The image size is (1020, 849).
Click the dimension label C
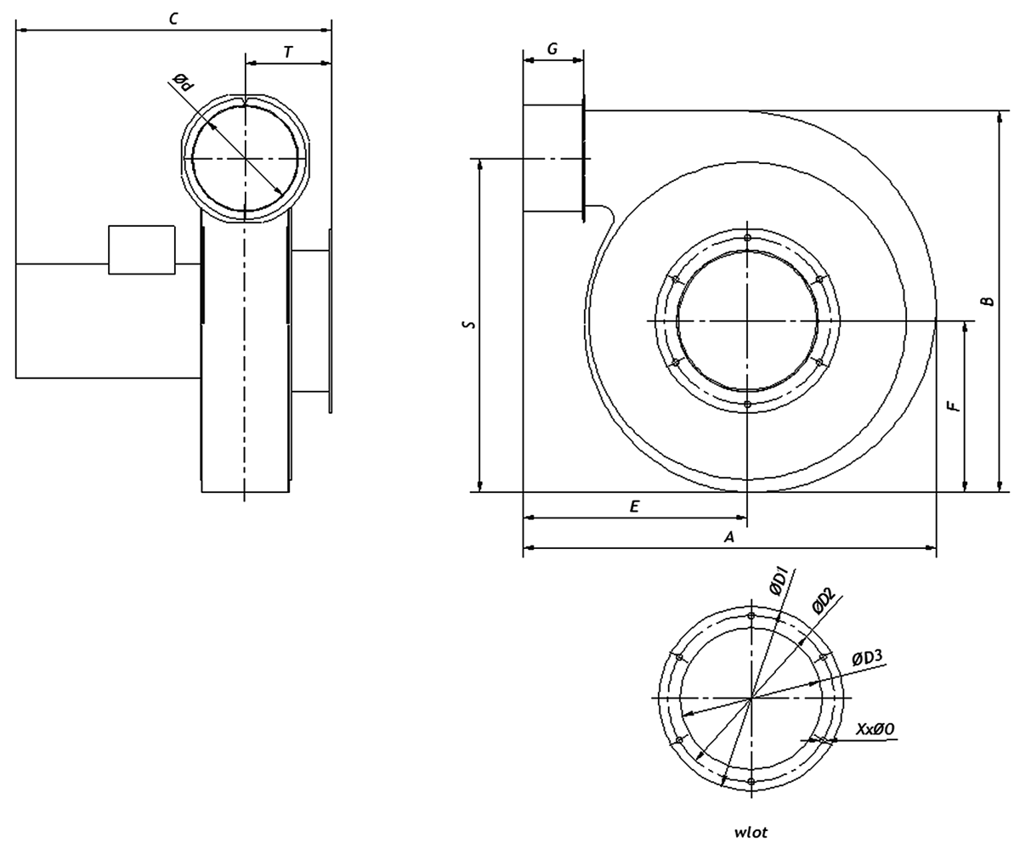(173, 18)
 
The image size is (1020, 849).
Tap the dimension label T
(288, 52)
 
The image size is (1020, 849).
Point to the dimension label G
(552, 49)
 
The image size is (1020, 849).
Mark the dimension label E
(634, 507)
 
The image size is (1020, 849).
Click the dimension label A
(728, 537)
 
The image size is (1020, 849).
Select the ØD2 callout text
(822, 602)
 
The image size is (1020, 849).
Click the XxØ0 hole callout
(875, 729)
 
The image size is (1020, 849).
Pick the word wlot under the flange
(751, 832)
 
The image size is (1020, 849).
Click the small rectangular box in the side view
(142, 250)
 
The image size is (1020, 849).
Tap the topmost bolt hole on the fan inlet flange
(747, 238)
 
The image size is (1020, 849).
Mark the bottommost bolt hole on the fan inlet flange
(747, 405)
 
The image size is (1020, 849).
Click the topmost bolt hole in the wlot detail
(751, 616)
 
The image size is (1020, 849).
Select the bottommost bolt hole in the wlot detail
(751, 781)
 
